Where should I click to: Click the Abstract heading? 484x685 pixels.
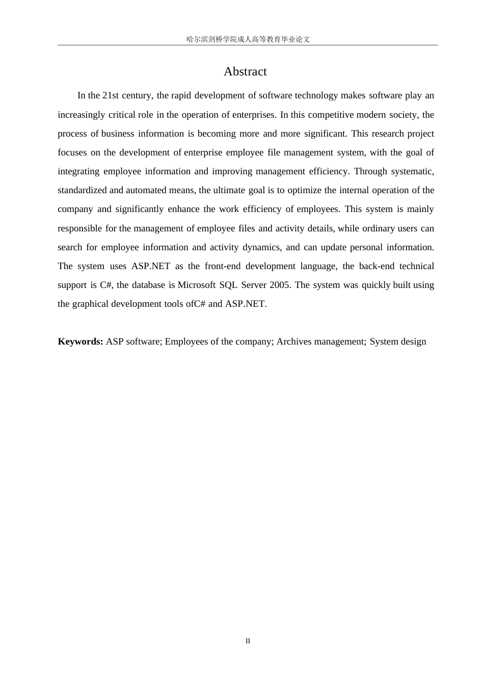click(245, 72)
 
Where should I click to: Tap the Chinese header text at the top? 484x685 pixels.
click(248, 39)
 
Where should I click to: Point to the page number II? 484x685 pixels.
click(248, 641)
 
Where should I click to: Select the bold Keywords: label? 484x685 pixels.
click(80, 341)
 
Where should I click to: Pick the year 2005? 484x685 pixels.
click(280, 285)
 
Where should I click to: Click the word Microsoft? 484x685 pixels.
click(197, 285)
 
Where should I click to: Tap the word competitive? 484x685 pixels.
click(331, 115)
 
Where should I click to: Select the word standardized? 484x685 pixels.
click(82, 190)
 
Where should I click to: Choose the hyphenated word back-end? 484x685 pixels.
click(377, 266)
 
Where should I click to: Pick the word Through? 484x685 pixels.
click(370, 171)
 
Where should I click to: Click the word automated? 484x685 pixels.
click(146, 190)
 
